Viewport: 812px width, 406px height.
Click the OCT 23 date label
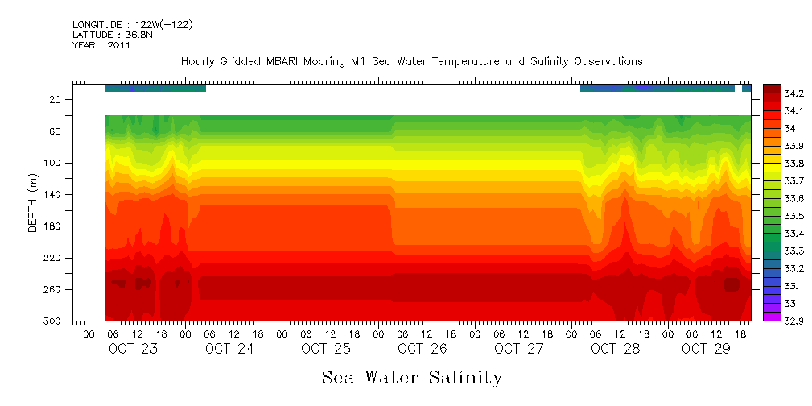tap(133, 349)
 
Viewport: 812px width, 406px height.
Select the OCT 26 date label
tap(422, 349)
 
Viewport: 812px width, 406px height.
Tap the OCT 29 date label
tap(706, 349)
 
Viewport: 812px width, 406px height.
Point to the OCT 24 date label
tap(229, 349)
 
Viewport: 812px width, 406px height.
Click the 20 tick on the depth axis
tap(56, 100)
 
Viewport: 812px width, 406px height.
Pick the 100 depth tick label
tap(53, 163)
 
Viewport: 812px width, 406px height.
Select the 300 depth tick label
tap(53, 321)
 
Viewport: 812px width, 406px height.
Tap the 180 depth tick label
tap(53, 226)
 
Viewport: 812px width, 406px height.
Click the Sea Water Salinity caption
tap(412, 377)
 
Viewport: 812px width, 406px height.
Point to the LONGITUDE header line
tap(132, 25)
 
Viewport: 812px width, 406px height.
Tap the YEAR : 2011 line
tap(101, 45)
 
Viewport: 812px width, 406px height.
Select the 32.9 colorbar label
tap(797, 321)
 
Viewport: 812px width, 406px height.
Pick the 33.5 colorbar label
tap(797, 216)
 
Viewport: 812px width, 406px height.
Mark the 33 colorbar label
tap(792, 304)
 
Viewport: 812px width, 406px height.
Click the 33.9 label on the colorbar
tap(797, 146)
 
